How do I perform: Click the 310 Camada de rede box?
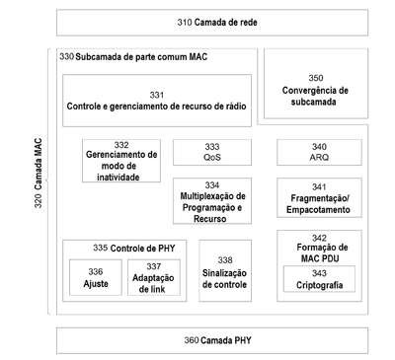click(x=212, y=23)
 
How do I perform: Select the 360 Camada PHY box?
click(x=212, y=340)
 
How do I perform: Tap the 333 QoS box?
click(x=212, y=152)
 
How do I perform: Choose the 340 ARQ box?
click(x=319, y=152)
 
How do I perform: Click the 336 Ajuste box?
click(x=96, y=277)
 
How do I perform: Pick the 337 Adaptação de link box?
click(x=154, y=277)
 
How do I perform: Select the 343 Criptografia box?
click(x=319, y=279)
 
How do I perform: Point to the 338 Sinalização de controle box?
click(x=225, y=270)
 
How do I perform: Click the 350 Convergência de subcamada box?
click(x=316, y=84)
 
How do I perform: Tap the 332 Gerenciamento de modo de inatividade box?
click(x=121, y=161)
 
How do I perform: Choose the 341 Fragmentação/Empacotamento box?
click(x=319, y=198)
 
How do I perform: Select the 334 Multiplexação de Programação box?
click(x=212, y=201)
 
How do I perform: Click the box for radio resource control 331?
click(x=157, y=101)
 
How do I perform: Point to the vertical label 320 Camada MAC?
click(x=39, y=173)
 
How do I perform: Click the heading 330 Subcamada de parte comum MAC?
click(x=133, y=57)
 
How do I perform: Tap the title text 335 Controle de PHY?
click(x=134, y=249)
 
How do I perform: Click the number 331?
click(x=157, y=95)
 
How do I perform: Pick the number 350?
click(x=316, y=78)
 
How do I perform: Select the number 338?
click(x=225, y=260)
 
